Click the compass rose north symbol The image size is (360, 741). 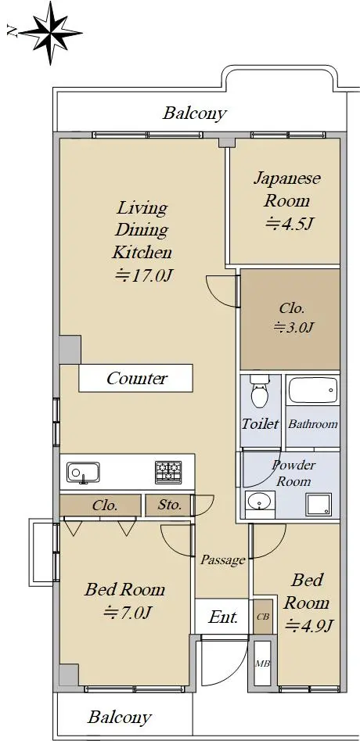(x=51, y=33)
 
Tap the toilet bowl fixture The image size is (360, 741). (x=259, y=391)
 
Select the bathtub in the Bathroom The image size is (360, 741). (x=313, y=390)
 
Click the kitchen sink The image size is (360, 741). (x=83, y=473)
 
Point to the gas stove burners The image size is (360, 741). (x=169, y=472)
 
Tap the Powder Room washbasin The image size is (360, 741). (x=260, y=502)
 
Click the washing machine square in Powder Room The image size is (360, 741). (x=319, y=504)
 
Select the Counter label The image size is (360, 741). (x=136, y=378)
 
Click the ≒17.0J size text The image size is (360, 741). (x=142, y=275)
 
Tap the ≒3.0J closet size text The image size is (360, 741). (x=294, y=326)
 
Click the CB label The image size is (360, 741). (x=263, y=617)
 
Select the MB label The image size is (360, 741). (x=262, y=663)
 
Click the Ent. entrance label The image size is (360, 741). (x=223, y=617)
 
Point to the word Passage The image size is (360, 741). (x=223, y=560)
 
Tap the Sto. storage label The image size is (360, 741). (x=170, y=505)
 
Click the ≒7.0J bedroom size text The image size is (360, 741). (x=128, y=613)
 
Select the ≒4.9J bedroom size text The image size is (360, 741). (x=309, y=626)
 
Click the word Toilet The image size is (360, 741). (x=261, y=423)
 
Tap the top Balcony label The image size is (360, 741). (x=195, y=113)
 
